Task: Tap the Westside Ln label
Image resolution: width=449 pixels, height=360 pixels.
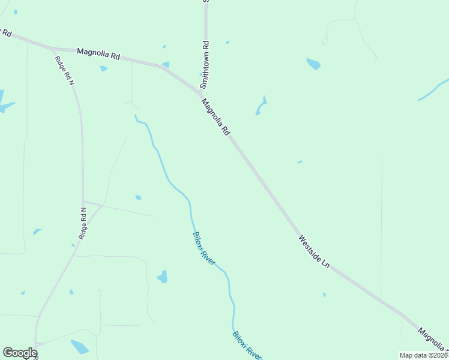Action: pos(314,251)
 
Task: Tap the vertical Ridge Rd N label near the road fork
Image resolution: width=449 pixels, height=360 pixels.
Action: pos(83,224)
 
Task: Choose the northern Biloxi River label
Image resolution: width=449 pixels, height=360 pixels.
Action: pos(203,248)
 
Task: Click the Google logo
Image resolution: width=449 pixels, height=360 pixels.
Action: pos(20,353)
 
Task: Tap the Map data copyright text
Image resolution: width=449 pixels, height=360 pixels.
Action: pos(424,355)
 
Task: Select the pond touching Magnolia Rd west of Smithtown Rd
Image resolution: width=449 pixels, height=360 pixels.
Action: pos(165,64)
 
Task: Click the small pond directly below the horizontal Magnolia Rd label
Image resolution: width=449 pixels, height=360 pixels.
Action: pos(103,68)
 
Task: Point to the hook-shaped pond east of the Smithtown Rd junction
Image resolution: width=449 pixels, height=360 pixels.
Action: pos(261,106)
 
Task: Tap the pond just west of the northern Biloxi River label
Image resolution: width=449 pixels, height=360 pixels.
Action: pos(162,277)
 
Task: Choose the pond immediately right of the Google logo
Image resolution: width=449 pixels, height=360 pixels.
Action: pos(79,346)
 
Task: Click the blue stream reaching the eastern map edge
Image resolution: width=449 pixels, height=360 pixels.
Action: pos(433,89)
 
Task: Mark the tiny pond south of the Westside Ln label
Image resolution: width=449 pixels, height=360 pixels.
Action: pos(324,294)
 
